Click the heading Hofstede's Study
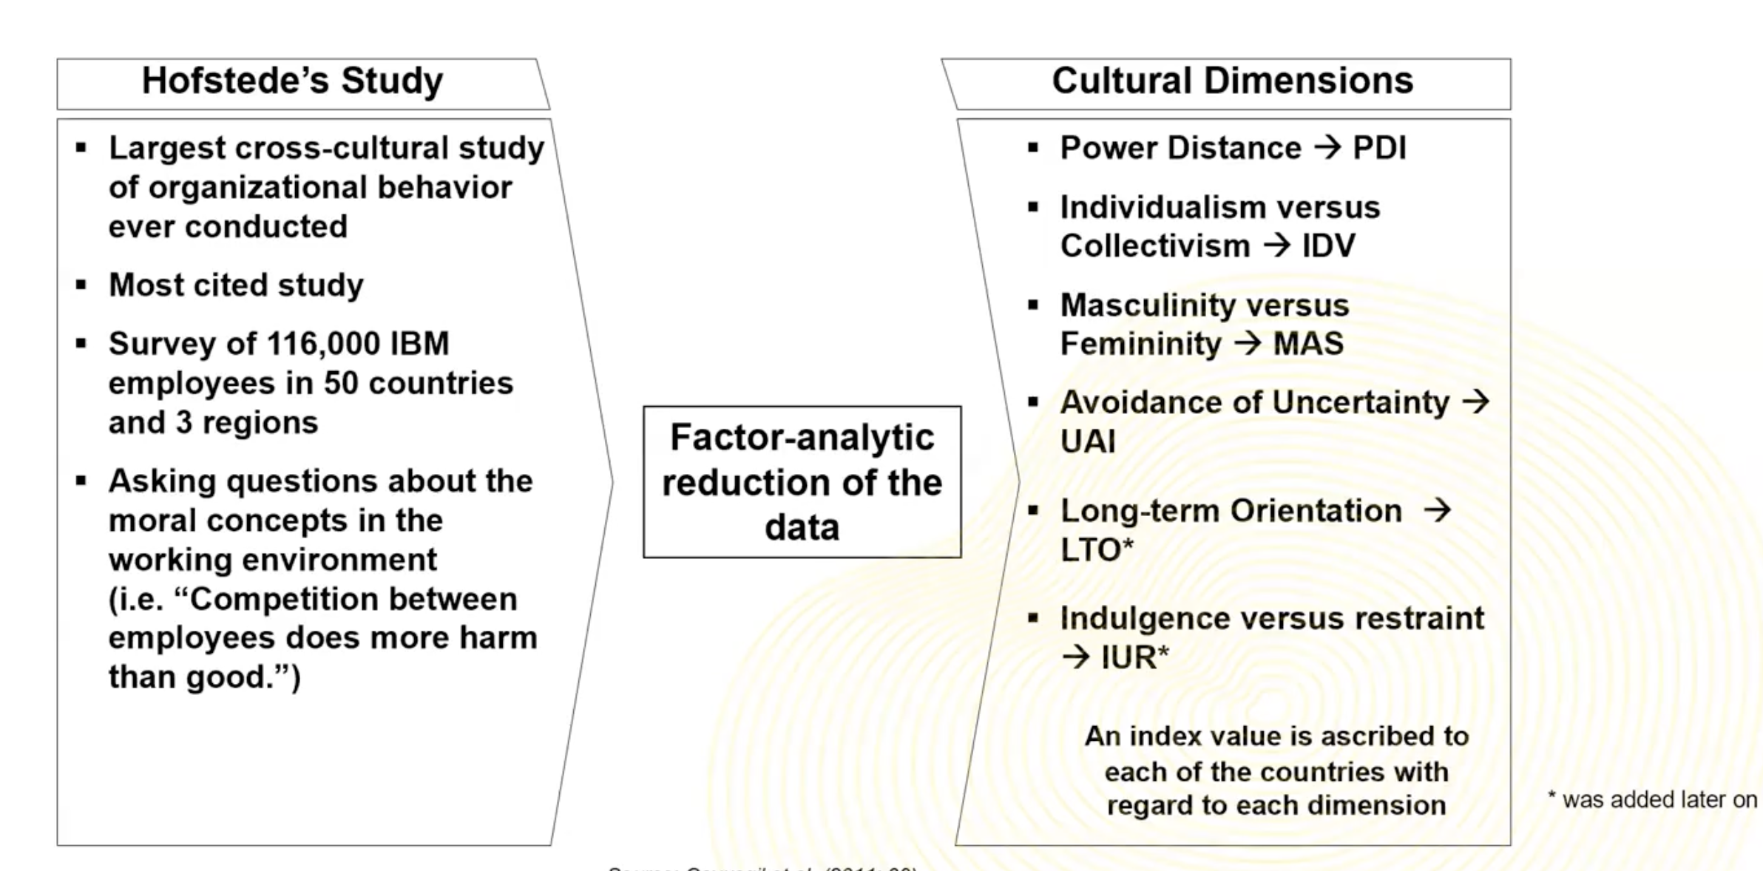pos(292,81)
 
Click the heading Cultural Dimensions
pos(1232,81)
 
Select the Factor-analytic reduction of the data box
pos(802,482)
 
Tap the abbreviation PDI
pos(1379,148)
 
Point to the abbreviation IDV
pos(1328,245)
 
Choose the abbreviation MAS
pos(1307,344)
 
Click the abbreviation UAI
pos(1088,441)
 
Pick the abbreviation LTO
pos(1092,550)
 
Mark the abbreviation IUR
pos(1128,657)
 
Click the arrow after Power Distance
pos(1327,147)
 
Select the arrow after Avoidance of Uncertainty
pos(1476,402)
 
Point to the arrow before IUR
pos(1076,657)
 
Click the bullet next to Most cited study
pos(81,285)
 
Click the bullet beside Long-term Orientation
pos(1034,510)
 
